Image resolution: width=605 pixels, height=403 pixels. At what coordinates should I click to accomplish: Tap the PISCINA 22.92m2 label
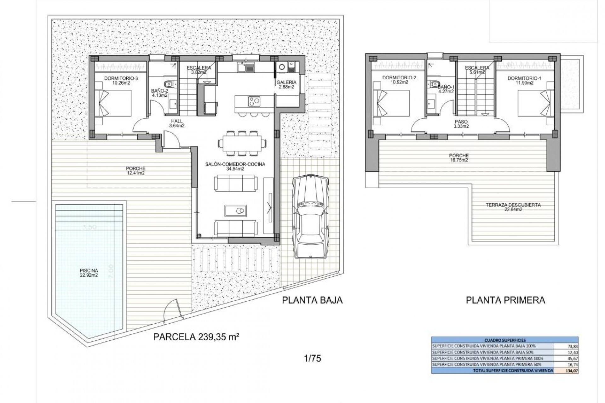(89, 273)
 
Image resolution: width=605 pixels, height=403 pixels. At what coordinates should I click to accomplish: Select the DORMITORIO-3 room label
(117, 81)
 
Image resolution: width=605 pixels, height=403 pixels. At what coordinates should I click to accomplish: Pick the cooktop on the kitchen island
(255, 101)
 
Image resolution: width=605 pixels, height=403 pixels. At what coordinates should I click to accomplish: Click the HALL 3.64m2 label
(177, 123)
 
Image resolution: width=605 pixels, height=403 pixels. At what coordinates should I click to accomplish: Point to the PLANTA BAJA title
(312, 300)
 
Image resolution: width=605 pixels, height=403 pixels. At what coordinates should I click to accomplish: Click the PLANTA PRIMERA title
(505, 300)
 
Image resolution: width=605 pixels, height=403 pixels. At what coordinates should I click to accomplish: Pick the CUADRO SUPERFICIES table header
(505, 340)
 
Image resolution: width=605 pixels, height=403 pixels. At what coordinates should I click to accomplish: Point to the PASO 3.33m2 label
(461, 124)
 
